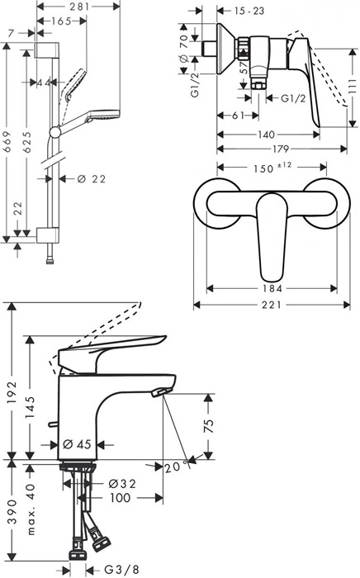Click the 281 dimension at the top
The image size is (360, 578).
pyautogui.click(x=79, y=7)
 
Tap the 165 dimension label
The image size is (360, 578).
pyautogui.click(x=61, y=21)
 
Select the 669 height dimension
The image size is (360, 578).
pyautogui.click(x=7, y=141)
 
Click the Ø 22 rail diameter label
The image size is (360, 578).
pyautogui.click(x=92, y=179)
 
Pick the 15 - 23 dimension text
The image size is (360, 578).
pyautogui.click(x=249, y=11)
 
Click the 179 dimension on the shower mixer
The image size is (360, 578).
pyautogui.click(x=281, y=149)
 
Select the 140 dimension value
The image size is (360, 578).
pyautogui.click(x=266, y=135)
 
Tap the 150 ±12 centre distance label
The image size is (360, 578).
pyautogui.click(x=272, y=168)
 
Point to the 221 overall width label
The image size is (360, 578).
pyautogui.click(x=272, y=305)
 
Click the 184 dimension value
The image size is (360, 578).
pyautogui.click(x=272, y=289)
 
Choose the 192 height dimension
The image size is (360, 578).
pyautogui.click(x=12, y=393)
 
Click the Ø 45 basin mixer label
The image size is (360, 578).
pyautogui.click(x=77, y=444)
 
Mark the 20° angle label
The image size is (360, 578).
pyautogui.click(x=173, y=467)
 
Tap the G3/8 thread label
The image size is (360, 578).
pyautogui.click(x=117, y=570)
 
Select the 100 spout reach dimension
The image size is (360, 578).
pyautogui.click(x=120, y=499)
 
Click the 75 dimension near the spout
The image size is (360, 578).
pyautogui.click(x=209, y=425)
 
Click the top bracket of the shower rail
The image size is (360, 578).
pyautogui.click(x=47, y=50)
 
